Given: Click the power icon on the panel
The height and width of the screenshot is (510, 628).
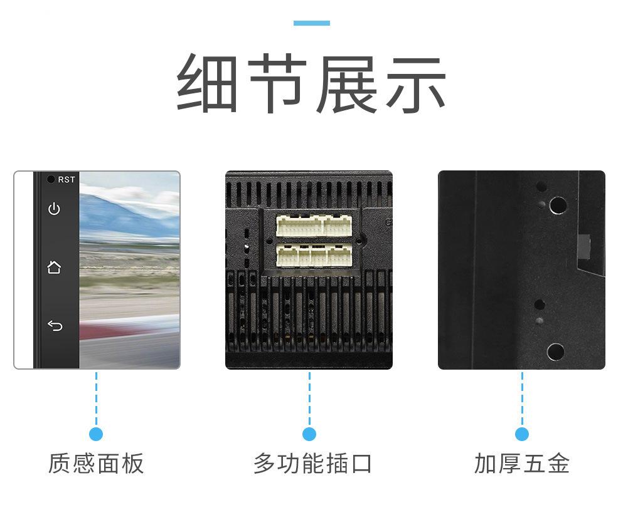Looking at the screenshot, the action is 55,209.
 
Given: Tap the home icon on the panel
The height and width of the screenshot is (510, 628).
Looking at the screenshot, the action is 55,268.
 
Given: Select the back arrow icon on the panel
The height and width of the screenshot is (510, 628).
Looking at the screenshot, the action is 55,325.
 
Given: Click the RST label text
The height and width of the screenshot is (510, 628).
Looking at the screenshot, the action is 67,180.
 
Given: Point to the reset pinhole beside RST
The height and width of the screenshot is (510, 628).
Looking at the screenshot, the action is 51,179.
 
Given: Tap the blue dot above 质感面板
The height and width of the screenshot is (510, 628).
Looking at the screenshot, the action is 96,434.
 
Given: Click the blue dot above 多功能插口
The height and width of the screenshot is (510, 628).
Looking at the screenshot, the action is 309,434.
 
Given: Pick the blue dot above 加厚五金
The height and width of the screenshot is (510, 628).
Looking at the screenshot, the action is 522,434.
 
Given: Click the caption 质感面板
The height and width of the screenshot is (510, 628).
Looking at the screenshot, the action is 96,464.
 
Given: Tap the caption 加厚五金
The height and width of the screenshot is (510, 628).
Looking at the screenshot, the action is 522,464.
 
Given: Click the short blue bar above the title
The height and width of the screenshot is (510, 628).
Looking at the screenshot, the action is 312,23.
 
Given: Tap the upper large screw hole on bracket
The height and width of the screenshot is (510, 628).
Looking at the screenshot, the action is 558,205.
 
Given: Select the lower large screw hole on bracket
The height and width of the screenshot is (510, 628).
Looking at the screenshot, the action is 555,351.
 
